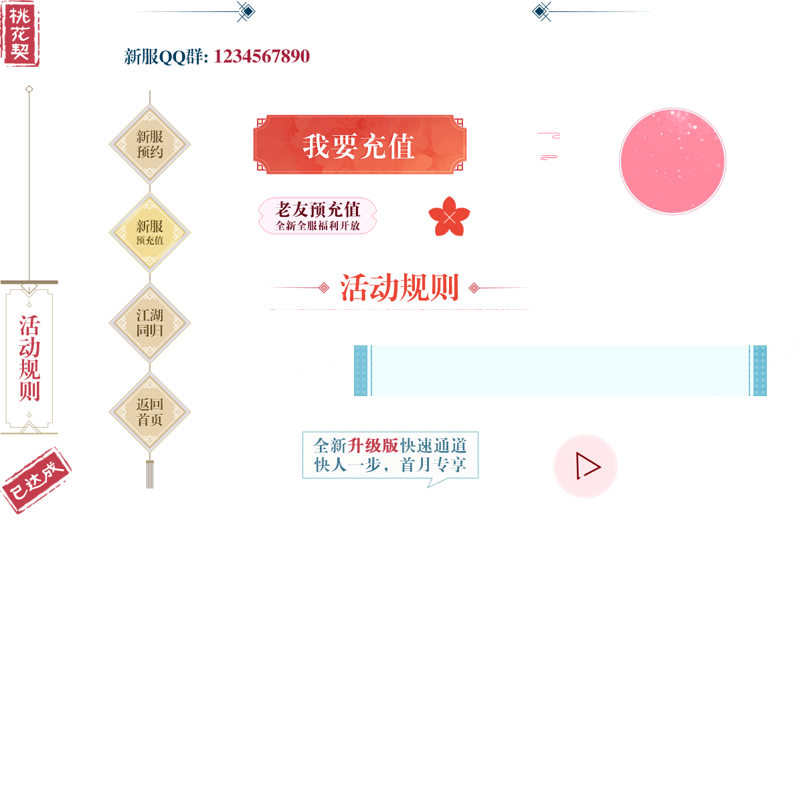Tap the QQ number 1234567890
pos(262,57)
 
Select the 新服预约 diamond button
pos(150,144)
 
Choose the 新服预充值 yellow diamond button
pos(150,232)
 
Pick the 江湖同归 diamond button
pos(150,323)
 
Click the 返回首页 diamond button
pos(150,412)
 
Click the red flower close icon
pos(449,217)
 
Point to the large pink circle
pos(672,161)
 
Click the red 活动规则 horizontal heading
pos(399,288)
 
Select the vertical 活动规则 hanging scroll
pos(29,358)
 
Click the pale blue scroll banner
pos(561,371)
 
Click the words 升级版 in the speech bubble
pos(373,446)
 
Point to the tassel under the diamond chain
pos(150,474)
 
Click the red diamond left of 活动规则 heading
pos(324,288)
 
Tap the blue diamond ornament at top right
pos(541,11)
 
